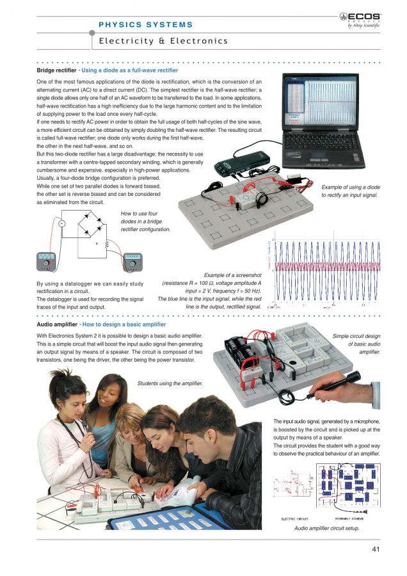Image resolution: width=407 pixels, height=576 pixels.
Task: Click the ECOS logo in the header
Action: click(364, 20)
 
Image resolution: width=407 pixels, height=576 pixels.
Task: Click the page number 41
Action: click(376, 548)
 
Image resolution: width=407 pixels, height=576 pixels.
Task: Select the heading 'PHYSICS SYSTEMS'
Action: click(146, 25)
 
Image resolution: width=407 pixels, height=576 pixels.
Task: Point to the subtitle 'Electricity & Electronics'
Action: click(163, 41)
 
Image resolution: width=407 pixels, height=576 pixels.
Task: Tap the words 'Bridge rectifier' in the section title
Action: click(57, 70)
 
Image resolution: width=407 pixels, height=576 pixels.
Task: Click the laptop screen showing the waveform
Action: click(326, 99)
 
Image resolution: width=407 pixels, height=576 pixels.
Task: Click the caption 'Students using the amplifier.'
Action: click(170, 383)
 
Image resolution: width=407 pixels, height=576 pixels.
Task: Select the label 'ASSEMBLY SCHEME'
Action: click(349, 518)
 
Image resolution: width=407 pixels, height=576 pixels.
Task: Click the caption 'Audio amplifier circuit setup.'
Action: click(326, 529)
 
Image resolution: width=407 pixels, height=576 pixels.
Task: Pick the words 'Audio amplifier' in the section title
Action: click(57, 325)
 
